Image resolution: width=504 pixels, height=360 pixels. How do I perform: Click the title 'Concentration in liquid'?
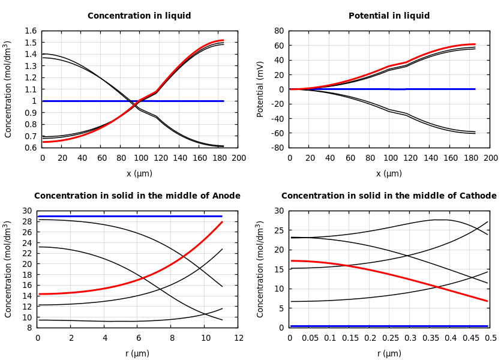pos(139,16)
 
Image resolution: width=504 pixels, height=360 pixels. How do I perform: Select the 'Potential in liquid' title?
pos(389,16)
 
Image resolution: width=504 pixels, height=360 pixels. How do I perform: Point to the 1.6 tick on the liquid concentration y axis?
pos(31,31)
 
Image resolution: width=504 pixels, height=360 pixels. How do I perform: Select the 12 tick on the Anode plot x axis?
pos(238,338)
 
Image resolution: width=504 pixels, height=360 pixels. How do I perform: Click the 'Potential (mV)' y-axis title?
pos(260,89)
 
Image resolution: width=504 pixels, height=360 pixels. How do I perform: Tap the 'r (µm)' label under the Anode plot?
pos(137,353)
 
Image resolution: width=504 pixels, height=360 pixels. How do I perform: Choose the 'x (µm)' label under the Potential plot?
pos(389,173)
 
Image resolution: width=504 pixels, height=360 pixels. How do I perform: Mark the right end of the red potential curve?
pos(475,44)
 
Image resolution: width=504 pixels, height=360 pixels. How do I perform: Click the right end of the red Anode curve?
pos(222,222)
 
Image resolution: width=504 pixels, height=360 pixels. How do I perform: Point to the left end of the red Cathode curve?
pos(290,260)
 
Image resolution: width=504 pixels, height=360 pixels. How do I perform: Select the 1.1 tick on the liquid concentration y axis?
pos(31,89)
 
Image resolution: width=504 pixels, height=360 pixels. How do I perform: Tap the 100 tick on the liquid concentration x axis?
pos(140,158)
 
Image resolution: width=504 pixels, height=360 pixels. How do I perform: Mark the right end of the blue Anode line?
pos(222,216)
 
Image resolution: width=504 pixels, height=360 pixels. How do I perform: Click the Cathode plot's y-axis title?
pos(260,269)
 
